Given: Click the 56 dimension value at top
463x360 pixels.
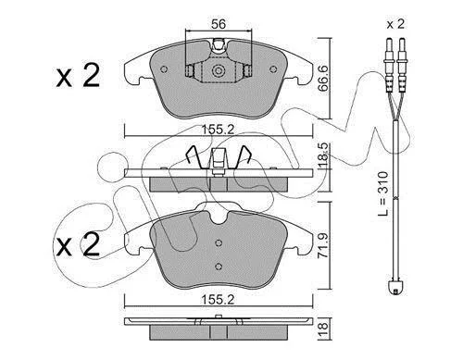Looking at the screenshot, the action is coord(219,24).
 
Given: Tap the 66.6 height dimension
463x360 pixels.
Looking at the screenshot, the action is coord(323,78).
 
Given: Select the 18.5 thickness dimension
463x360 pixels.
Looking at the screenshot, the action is coord(323,155).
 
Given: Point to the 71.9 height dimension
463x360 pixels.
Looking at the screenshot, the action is coord(323,246).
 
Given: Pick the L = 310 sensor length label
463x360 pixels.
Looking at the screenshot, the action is coord(383,193).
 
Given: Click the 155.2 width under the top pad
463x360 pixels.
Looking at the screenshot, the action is coord(218,130).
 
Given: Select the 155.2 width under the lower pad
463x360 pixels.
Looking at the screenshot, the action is coord(218,300).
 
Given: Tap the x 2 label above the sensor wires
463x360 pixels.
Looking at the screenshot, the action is coord(395,24).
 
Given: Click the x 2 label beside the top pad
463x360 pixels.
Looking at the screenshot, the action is coord(78,75).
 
